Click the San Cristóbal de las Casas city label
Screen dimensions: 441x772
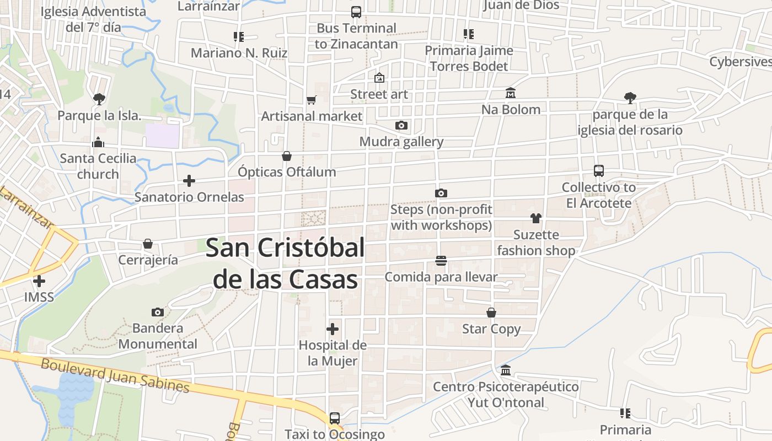pyautogui.click(x=286, y=263)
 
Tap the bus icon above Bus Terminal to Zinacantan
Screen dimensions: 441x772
pyautogui.click(x=356, y=12)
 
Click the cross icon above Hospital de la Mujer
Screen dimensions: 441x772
pyautogui.click(x=333, y=329)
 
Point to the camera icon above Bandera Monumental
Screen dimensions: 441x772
pyautogui.click(x=158, y=313)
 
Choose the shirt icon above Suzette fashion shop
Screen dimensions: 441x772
pyautogui.click(x=536, y=218)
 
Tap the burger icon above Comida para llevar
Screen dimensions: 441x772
pyautogui.click(x=441, y=260)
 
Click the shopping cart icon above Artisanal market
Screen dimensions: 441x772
pyautogui.click(x=312, y=100)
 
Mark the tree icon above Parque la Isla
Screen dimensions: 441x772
pyautogui.click(x=99, y=99)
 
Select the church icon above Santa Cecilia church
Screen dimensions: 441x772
pyautogui.click(x=98, y=142)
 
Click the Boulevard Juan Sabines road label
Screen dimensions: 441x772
pyautogui.click(x=115, y=376)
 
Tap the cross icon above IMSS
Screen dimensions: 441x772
pyautogui.click(x=39, y=281)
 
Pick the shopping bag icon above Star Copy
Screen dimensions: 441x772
pyautogui.click(x=491, y=313)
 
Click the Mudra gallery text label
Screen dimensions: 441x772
pyautogui.click(x=401, y=142)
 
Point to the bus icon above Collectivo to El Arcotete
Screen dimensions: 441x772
pyautogui.click(x=599, y=171)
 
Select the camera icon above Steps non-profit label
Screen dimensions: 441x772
pyautogui.click(x=441, y=193)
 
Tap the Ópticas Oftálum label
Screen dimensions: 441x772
pyautogui.click(x=287, y=172)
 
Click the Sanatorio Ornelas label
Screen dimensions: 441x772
pyautogui.click(x=189, y=197)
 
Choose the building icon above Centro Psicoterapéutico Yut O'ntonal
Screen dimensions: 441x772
pyautogui.click(x=506, y=370)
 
